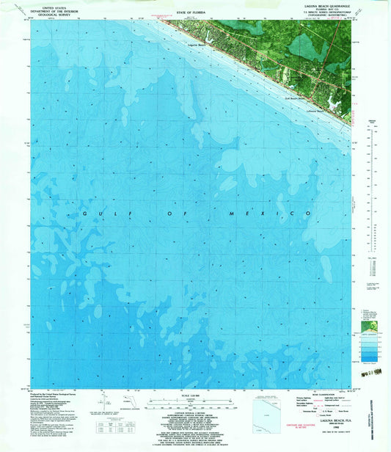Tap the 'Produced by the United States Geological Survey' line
pos(59,395)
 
